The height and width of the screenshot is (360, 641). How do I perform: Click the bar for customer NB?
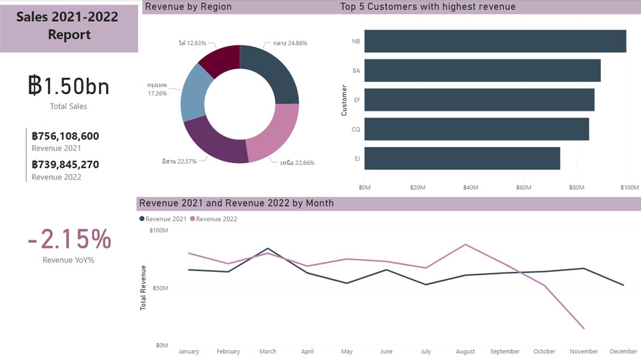click(x=495, y=41)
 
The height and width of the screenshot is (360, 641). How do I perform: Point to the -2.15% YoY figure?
click(x=69, y=239)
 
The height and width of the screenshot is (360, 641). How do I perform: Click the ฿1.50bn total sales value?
click(x=68, y=86)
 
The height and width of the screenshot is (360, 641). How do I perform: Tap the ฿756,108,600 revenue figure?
click(x=65, y=136)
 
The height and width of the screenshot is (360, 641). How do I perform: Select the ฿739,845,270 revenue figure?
click(x=65, y=165)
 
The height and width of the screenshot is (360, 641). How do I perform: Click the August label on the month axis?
click(x=465, y=351)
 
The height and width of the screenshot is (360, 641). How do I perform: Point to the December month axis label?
click(x=623, y=351)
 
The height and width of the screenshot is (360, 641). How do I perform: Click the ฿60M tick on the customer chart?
click(x=524, y=188)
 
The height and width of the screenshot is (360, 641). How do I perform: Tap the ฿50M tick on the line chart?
click(x=159, y=288)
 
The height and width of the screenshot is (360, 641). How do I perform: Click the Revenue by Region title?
click(x=188, y=7)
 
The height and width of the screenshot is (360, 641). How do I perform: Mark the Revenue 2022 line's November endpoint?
click(x=584, y=329)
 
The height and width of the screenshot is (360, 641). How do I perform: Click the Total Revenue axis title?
click(x=143, y=288)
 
